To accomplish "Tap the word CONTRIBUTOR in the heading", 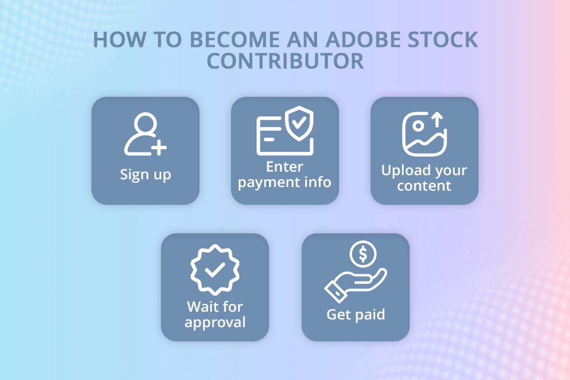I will pos(285,61).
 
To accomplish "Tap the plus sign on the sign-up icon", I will pos(159,147).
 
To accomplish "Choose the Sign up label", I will pos(145,175).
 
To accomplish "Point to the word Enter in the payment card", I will pos(284,166).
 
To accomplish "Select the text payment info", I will pos(284,182).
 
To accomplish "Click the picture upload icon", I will pos(424,134).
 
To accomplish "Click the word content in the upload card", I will pos(424,186).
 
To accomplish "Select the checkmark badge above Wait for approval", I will pos(214,271).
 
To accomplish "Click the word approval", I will pos(215,322).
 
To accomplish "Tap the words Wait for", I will pos(215,307).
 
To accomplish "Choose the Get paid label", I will pos(356,314).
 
